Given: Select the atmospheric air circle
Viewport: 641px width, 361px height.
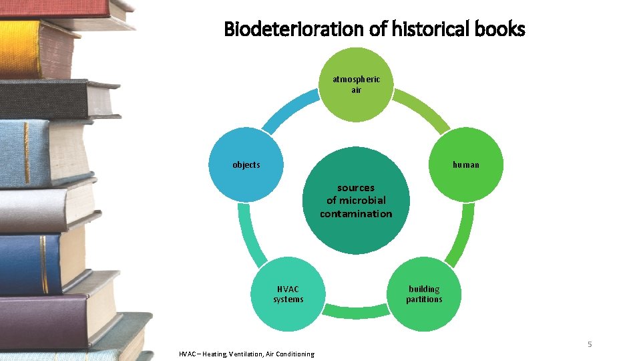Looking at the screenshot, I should tap(356, 84).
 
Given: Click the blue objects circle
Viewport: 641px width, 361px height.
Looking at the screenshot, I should tap(246, 164).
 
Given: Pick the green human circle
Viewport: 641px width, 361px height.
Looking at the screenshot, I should tap(466, 164).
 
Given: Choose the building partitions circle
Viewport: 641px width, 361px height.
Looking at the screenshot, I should tap(424, 294).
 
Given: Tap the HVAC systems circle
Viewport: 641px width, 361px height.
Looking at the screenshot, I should tap(288, 294).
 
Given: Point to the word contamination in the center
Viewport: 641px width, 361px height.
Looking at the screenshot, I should tap(356, 214).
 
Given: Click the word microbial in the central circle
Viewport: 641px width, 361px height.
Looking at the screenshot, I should tap(363, 201).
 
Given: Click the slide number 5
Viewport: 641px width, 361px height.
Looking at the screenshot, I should tap(590, 344).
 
